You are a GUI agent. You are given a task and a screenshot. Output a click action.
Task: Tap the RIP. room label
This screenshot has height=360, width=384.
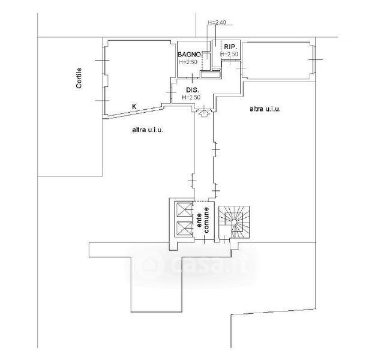click(230, 46)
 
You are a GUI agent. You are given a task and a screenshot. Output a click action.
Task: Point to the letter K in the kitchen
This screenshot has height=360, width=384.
click(134, 106)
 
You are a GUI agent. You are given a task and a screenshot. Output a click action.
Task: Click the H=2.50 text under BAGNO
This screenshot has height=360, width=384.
click(188, 61)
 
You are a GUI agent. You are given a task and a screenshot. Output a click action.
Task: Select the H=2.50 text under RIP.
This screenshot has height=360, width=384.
click(230, 55)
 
